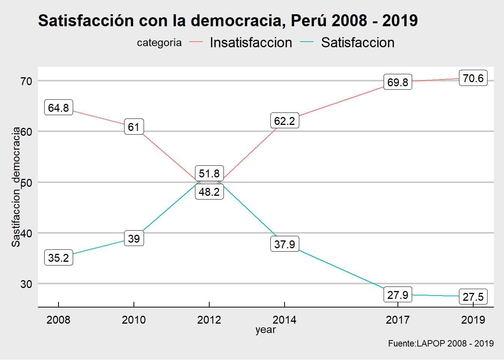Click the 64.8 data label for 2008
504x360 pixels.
click(58, 108)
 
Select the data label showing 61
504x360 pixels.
click(134, 127)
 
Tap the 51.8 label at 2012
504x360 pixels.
click(209, 173)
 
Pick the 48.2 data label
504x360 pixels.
click(209, 192)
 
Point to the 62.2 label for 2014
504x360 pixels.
click(285, 121)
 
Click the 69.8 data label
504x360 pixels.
click(397, 82)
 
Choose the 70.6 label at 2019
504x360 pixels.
click(473, 78)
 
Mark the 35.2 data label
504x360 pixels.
click(58, 258)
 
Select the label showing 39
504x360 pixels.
click(134, 238)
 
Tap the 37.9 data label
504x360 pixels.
click(285, 244)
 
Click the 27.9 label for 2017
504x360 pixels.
click(397, 295)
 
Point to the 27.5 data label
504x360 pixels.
click(473, 297)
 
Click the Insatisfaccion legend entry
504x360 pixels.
click(251, 43)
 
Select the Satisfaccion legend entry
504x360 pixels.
click(357, 43)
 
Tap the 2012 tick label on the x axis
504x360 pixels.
click(209, 320)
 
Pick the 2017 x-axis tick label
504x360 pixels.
click(397, 320)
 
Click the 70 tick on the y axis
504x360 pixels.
click(26, 81)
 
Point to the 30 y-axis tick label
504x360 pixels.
click(26, 284)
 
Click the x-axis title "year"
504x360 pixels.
click(265, 330)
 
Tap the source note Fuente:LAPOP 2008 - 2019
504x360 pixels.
click(441, 343)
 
